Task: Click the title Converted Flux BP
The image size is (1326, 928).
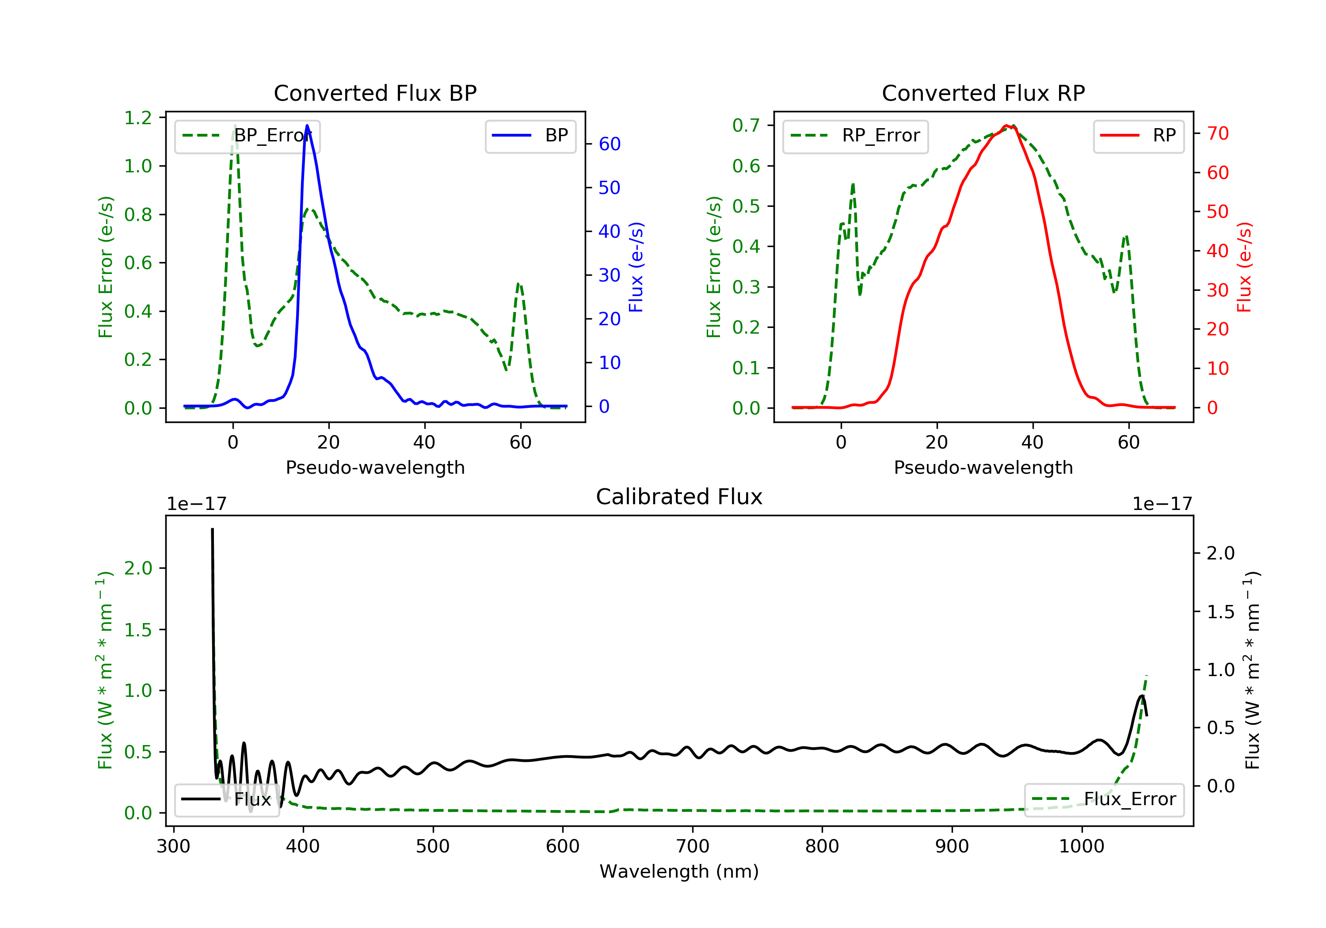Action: click(x=375, y=93)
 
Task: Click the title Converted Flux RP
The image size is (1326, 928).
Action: click(x=983, y=93)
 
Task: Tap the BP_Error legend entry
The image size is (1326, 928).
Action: click(x=247, y=136)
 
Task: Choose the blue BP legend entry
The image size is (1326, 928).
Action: click(x=530, y=136)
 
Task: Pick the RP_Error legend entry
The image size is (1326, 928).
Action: click(x=855, y=136)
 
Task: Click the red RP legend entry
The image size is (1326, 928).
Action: click(x=1138, y=136)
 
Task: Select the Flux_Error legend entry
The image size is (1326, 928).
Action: click(x=1104, y=799)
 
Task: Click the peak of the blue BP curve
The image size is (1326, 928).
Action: click(x=307, y=126)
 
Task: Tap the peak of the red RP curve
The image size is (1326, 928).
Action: click(x=1006, y=126)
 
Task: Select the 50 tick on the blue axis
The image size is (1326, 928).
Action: click(x=609, y=188)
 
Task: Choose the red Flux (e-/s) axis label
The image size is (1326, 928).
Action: click(x=1243, y=267)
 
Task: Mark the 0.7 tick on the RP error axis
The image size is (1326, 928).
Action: click(x=746, y=126)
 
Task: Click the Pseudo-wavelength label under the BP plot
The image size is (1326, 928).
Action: click(x=375, y=467)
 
